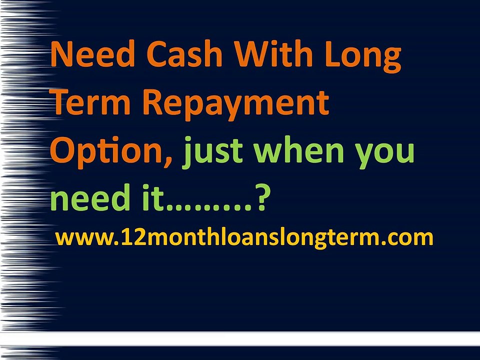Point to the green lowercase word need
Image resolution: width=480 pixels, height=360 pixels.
tap(87, 199)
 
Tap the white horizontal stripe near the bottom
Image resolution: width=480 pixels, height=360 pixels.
tap(270, 338)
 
